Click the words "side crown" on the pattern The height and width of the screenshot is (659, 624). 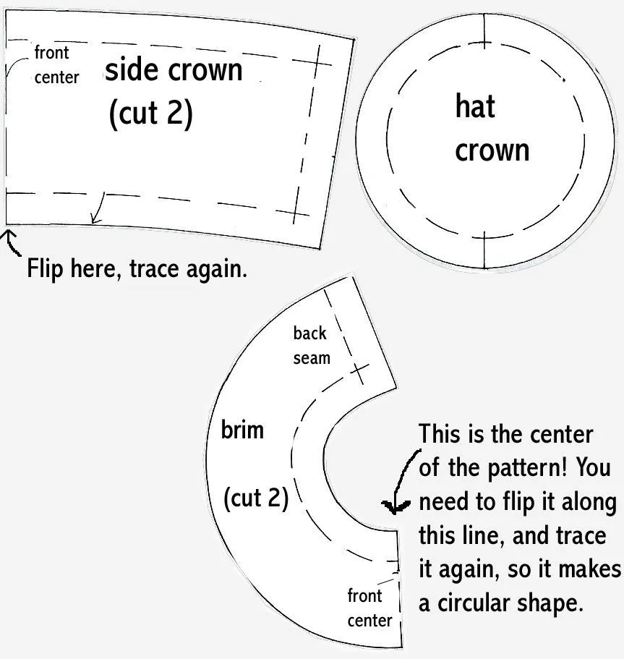[x=174, y=69]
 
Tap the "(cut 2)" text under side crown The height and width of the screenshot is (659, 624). [x=151, y=114]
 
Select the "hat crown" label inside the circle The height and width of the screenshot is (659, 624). [x=492, y=128]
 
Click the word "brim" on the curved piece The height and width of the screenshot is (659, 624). [x=242, y=430]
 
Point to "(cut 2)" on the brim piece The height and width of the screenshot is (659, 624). [x=256, y=498]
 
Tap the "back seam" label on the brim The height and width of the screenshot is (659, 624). [x=312, y=346]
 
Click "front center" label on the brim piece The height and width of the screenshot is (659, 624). [x=369, y=608]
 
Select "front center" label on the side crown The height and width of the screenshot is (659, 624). [x=56, y=65]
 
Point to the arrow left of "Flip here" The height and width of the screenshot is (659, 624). [x=12, y=242]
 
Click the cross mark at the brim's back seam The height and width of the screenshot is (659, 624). [x=359, y=373]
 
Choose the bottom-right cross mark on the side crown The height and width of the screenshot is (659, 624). [x=296, y=212]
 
